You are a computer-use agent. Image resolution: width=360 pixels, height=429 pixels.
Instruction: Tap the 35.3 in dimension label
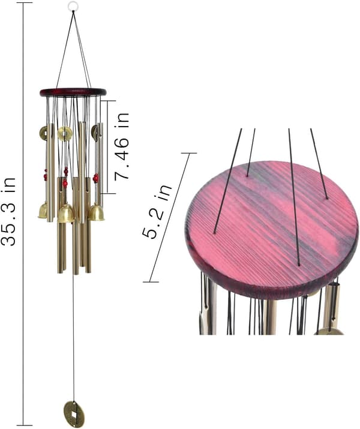coord(8,211)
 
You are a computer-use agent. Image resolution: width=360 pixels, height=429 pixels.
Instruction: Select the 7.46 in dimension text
coord(121,146)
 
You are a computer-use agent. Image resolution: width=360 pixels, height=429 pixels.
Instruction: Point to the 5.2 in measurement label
coord(157,211)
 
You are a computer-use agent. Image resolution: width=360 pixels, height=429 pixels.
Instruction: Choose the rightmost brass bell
coord(96,212)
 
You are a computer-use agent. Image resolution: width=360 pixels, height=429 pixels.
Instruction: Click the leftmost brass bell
coord(43,211)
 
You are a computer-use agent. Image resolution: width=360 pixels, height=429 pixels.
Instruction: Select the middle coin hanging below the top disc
coord(65,133)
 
